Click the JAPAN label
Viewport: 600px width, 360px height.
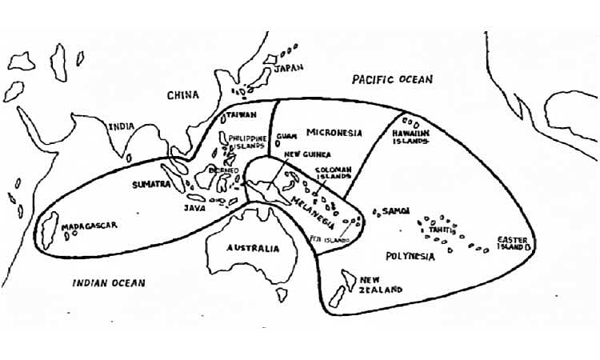coord(289,69)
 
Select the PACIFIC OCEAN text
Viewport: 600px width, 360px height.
coord(392,79)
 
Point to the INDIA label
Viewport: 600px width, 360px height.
coord(122,126)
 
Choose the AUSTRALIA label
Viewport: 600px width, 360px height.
coord(253,248)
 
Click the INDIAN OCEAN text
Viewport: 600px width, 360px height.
coord(109,282)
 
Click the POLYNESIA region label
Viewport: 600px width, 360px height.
coord(410,257)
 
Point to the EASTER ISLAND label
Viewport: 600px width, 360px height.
coord(512,243)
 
